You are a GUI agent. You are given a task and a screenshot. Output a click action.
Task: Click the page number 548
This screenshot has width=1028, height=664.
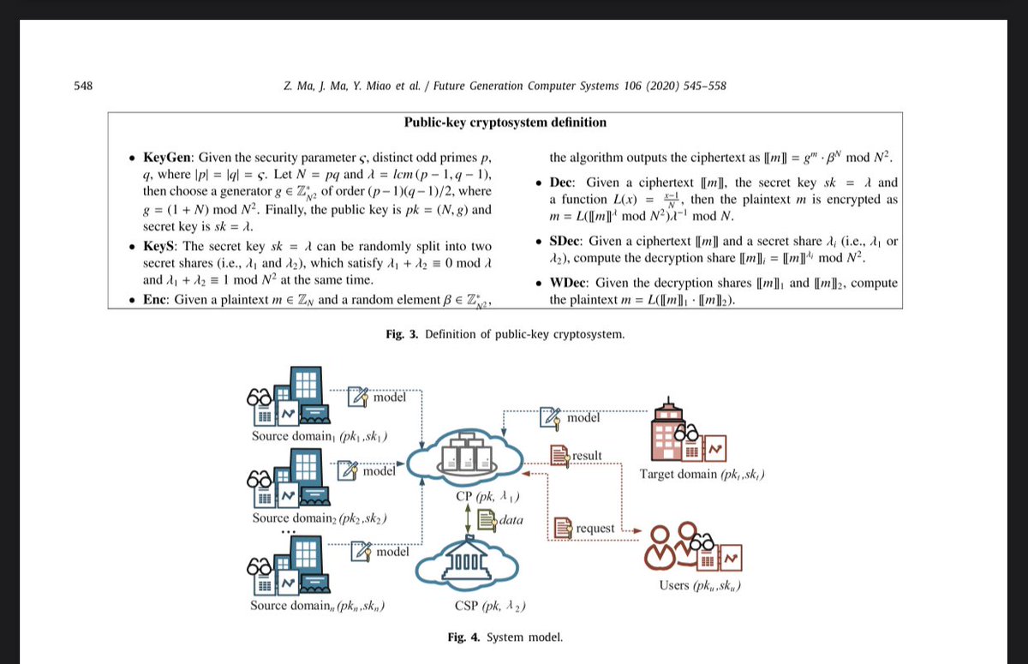(84, 86)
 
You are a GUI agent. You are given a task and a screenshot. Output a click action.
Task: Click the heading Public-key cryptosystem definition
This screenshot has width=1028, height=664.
(505, 123)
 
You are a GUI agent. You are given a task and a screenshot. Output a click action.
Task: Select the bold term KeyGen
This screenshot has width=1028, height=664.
(170, 159)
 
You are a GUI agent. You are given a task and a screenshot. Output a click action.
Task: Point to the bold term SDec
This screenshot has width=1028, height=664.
(566, 242)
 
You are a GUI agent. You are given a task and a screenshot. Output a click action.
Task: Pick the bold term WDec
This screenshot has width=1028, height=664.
(569, 284)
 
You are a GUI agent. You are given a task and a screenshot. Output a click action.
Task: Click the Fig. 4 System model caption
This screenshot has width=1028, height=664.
(505, 637)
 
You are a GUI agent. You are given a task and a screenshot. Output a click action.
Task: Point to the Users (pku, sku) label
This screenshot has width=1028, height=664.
(699, 586)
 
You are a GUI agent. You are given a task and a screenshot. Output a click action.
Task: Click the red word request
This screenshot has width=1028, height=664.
(595, 528)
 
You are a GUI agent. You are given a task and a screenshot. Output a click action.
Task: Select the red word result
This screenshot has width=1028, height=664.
(587, 455)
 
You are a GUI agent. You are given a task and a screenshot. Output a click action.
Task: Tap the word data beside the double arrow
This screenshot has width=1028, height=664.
(511, 519)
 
